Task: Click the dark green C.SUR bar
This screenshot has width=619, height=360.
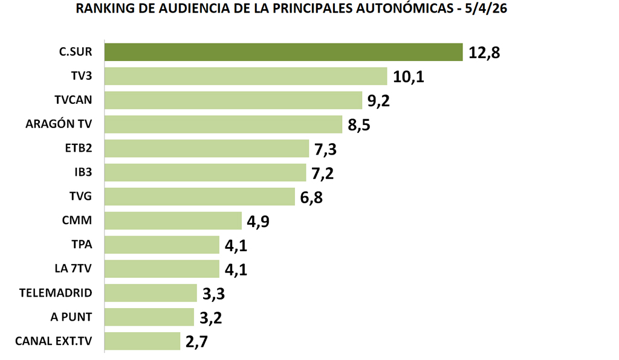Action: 283,52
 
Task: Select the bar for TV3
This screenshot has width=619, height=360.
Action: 245,76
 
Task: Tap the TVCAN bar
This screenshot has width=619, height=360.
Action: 233,100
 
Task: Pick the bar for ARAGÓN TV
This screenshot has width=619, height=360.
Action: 223,124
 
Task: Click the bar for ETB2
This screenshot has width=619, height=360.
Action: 207,149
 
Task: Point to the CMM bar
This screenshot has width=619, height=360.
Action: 173,220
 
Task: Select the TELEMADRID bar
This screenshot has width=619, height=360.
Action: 151,293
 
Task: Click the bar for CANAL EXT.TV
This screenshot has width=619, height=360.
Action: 142,341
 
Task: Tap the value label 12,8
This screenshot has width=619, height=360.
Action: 484,53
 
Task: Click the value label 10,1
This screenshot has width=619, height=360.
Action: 409,77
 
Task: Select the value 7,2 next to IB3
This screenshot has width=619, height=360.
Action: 323,173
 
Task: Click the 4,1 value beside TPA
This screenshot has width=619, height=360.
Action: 236,245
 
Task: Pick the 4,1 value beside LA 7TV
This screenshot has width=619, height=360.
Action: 236,269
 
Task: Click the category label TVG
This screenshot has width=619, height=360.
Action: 81,196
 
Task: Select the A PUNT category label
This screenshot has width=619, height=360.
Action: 72,317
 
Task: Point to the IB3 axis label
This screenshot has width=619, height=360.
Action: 83,172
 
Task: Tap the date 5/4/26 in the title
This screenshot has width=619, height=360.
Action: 486,10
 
